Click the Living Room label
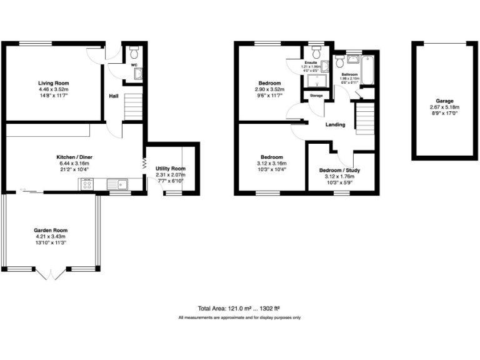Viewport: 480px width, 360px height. [52, 83]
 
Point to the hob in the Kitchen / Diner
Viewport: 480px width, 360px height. [87, 184]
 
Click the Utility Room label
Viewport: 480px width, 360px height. [171, 169]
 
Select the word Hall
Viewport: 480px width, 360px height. [114, 96]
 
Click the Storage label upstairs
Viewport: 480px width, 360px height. [316, 96]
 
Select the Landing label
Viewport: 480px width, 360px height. [336, 125]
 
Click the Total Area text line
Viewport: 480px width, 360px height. [239, 309]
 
